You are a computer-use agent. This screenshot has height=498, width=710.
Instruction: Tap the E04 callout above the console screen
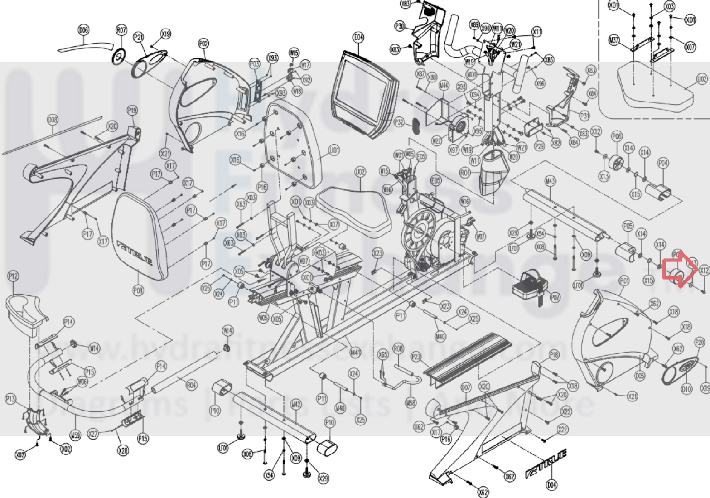[358, 37]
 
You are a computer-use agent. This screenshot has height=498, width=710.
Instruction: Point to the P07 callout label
[555, 297]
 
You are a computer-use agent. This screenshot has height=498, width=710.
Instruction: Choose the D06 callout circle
[83, 30]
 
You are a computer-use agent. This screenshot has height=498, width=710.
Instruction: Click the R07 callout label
[121, 30]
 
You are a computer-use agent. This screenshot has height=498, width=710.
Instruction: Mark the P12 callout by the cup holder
[13, 276]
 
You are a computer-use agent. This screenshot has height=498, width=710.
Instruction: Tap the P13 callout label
[10, 399]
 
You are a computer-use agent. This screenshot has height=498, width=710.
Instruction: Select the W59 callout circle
[75, 435]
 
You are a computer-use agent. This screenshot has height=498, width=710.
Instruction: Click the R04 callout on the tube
[192, 385]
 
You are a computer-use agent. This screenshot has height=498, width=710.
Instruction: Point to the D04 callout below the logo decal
[551, 485]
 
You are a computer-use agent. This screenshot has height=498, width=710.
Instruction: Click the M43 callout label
[550, 181]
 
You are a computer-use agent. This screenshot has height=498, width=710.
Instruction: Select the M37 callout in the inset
[614, 40]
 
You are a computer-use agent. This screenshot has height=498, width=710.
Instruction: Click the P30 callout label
[399, 26]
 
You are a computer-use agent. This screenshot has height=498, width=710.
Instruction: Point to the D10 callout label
[686, 389]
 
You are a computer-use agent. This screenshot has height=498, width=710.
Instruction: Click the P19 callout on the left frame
[132, 110]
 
